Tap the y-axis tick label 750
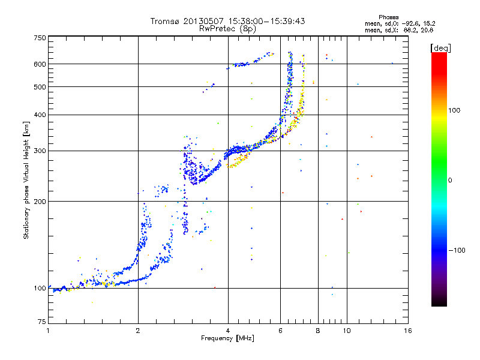coord(40,38)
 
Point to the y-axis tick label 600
coord(40,64)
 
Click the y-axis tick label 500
coord(40,87)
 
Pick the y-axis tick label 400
coord(40,115)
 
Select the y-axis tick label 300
coord(40,151)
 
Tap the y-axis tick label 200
coord(40,202)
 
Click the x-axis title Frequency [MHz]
coord(227,338)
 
